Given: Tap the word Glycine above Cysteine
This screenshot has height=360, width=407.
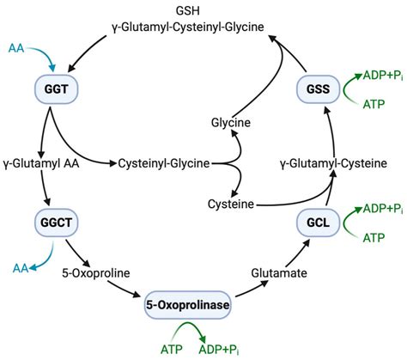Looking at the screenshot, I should (231, 123).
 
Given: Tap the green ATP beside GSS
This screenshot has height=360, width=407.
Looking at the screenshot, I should (373, 105).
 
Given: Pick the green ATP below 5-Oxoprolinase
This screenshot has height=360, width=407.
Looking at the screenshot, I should (172, 349).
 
